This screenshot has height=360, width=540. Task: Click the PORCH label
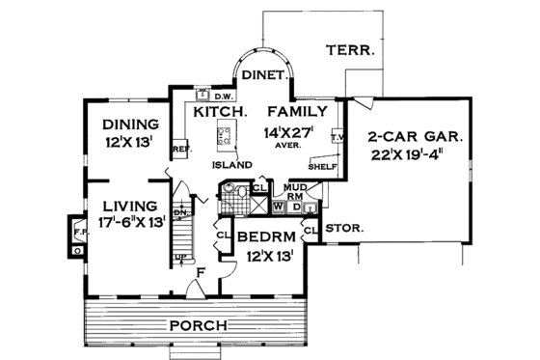click(x=200, y=324)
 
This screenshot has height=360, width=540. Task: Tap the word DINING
click(x=130, y=125)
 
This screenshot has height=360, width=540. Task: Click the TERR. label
click(x=350, y=51)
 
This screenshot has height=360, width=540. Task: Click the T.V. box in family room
click(x=337, y=138)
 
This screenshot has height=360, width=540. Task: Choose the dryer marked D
click(x=296, y=206)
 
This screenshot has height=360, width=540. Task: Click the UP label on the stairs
click(x=179, y=257)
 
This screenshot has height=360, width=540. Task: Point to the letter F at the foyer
click(x=200, y=273)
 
